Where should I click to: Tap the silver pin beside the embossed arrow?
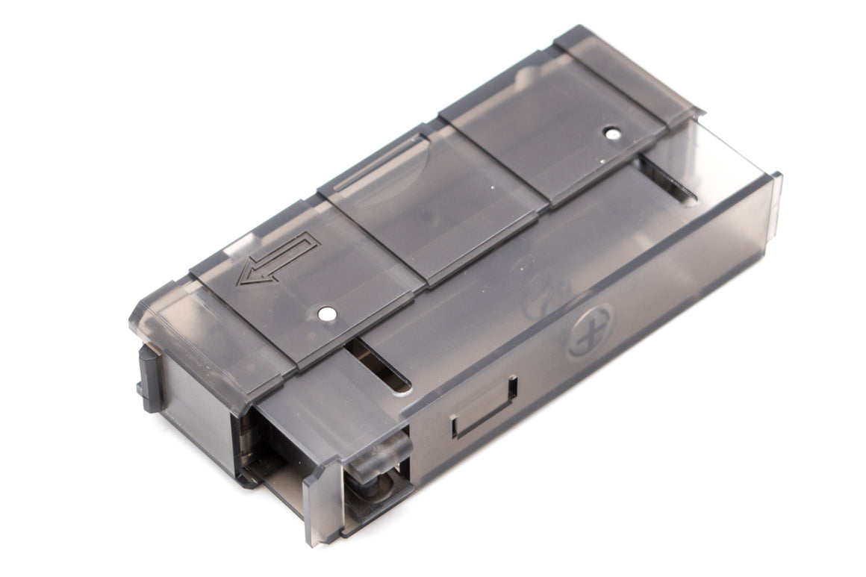click(325, 314)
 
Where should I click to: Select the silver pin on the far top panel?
click(612, 134)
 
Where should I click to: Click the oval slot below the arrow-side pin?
click(381, 366)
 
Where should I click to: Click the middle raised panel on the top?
click(433, 198)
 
